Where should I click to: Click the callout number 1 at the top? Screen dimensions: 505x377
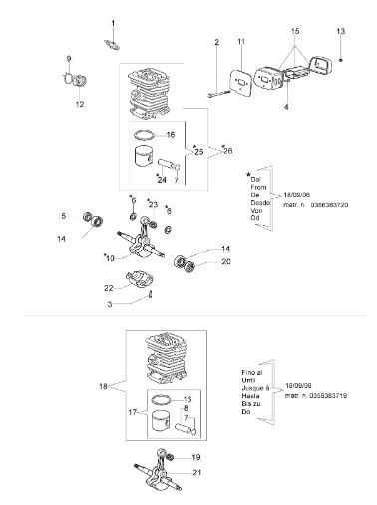pyautogui.click(x=113, y=22)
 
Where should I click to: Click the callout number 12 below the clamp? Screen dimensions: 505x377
pyautogui.click(x=79, y=103)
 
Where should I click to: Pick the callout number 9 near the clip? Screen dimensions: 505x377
pyautogui.click(x=69, y=58)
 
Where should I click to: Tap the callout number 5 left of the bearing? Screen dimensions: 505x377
pyautogui.click(x=63, y=215)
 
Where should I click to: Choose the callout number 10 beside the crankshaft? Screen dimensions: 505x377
pyautogui.click(x=136, y=258)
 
